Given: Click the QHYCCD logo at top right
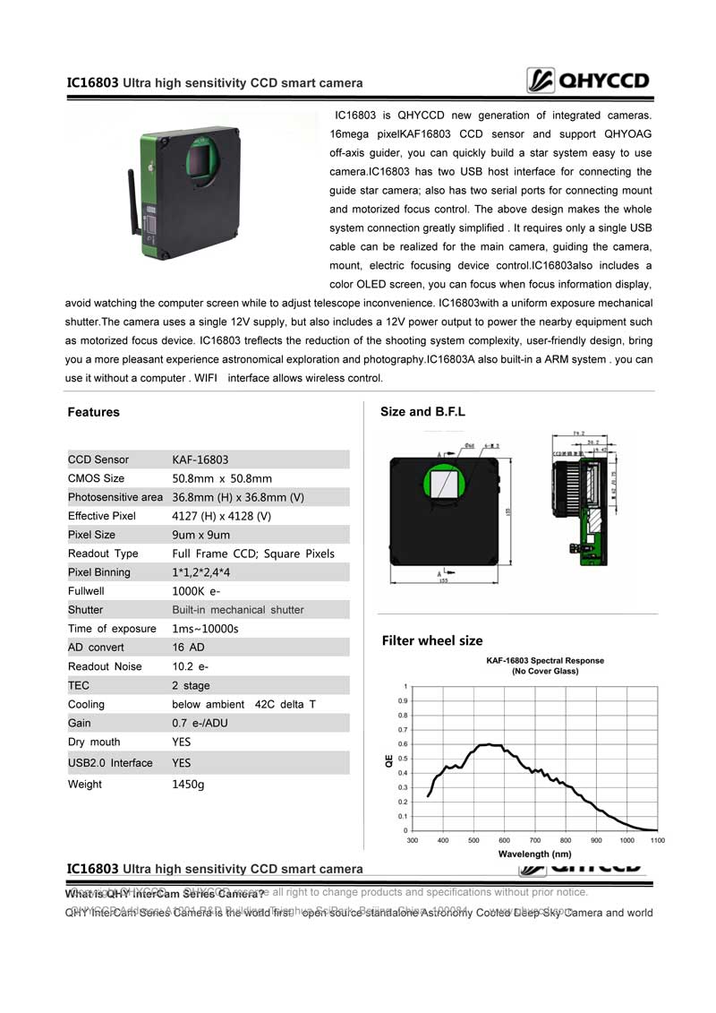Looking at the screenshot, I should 588,82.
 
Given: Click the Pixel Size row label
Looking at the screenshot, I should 91,535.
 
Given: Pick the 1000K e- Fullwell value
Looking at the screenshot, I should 197,591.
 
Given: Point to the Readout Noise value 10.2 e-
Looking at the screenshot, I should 191,666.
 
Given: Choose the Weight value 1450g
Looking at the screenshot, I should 188,785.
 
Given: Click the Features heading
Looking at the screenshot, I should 93,412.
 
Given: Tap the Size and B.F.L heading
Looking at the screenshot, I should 422,412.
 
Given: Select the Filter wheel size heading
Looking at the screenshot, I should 432,640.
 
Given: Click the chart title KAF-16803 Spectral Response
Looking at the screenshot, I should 544,661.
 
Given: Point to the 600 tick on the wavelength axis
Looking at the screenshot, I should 505,841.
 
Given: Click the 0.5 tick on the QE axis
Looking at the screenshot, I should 403,759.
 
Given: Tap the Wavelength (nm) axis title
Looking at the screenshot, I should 534,854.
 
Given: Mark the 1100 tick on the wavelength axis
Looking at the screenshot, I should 657,841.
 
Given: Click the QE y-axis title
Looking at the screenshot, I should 388,760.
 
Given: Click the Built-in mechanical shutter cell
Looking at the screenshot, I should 238,610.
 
